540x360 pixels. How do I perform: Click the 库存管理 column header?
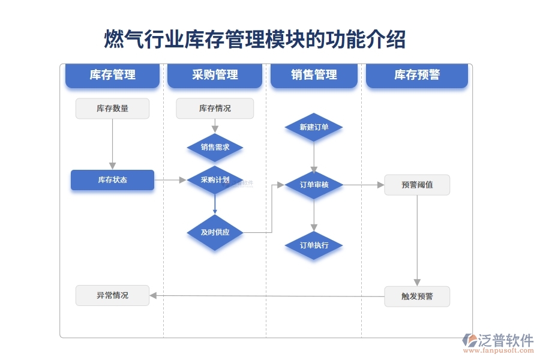(x=112, y=75)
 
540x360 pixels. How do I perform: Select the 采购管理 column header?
(x=215, y=75)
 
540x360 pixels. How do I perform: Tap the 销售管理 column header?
(x=314, y=75)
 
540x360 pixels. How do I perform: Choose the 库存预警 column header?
(x=416, y=75)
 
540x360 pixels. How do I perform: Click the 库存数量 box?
(x=112, y=109)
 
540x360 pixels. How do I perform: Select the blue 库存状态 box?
(x=112, y=180)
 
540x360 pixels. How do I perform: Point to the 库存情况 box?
(x=215, y=109)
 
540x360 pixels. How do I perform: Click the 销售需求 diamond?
(x=215, y=147)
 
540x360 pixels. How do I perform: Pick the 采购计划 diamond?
(x=215, y=180)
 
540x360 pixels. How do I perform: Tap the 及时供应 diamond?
(x=215, y=232)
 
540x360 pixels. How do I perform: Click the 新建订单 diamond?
(x=314, y=127)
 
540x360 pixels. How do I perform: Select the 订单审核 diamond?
(x=314, y=185)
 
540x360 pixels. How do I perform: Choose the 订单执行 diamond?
(x=314, y=245)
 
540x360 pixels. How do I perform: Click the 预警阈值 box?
(x=417, y=185)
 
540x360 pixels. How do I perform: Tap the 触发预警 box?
(x=417, y=296)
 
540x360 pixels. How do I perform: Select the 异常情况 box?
(x=112, y=295)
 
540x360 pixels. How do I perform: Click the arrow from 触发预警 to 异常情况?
(x=267, y=295)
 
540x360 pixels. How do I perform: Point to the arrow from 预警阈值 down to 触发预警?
(x=417, y=240)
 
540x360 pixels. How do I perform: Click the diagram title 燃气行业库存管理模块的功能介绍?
(x=255, y=40)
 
